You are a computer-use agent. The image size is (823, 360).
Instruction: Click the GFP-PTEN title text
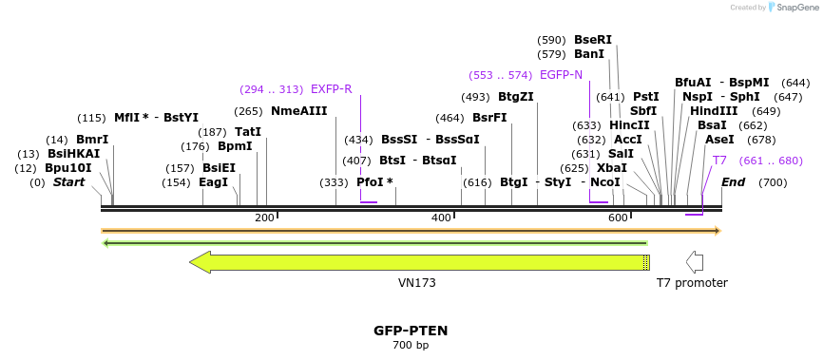point(411,331)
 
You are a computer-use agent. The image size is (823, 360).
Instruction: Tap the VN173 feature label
point(416,283)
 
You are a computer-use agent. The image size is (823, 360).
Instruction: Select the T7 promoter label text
point(692,283)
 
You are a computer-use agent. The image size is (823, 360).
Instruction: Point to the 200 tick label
point(264,218)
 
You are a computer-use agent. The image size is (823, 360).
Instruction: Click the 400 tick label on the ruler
point(441,218)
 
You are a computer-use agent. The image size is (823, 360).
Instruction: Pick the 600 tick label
point(618,218)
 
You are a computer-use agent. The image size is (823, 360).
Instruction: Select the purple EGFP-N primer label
point(561,75)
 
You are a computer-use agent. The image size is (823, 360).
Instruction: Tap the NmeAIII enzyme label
point(298,111)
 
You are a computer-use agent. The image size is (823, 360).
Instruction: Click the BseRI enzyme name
point(593,40)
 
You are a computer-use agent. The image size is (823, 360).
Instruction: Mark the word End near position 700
point(734,182)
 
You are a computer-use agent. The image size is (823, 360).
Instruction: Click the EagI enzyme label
point(213,182)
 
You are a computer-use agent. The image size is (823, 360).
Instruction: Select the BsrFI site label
point(489,118)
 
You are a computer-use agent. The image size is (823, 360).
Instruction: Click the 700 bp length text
point(411,345)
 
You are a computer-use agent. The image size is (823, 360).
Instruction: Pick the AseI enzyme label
point(719,140)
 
